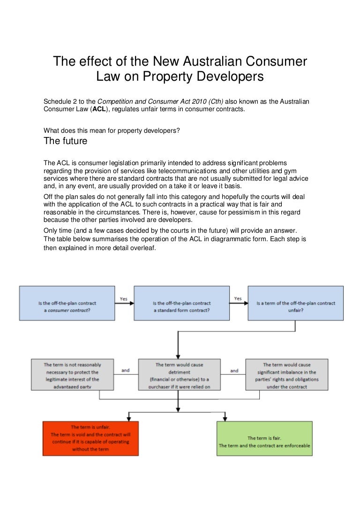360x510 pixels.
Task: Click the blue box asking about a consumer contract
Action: click(67, 303)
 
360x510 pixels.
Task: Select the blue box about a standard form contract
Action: click(181, 303)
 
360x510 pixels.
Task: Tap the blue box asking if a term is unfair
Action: click(295, 303)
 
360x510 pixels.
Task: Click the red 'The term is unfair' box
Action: click(91, 438)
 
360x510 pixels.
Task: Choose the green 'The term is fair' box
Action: click(264, 438)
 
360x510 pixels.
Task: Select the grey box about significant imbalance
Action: click(286, 375)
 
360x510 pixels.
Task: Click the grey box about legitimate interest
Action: click(72, 375)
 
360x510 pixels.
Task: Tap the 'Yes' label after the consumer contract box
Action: click(124, 299)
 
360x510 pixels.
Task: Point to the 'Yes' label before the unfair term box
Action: click(238, 299)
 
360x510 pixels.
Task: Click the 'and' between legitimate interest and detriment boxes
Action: click(126, 371)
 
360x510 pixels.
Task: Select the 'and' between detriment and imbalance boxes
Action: click(234, 371)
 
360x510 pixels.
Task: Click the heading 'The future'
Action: click(65, 141)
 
